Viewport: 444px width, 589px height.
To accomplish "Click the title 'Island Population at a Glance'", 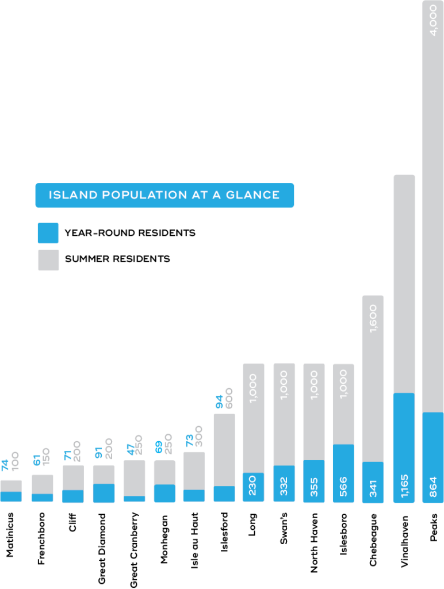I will tap(164, 195).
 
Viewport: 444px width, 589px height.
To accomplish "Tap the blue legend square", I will tap(48, 233).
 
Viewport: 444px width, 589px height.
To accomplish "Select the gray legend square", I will tap(48, 260).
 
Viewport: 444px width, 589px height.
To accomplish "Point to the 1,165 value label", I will tap(404, 486).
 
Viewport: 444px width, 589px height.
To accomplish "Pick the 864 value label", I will tap(433, 487).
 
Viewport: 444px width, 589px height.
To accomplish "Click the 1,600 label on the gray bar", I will tap(373, 318).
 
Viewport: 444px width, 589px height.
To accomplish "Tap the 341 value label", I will tap(373, 487).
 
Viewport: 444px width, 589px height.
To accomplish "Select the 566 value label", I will tap(343, 487).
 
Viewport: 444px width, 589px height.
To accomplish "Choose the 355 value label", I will tap(313, 487).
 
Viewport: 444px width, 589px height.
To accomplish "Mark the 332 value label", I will tap(284, 487).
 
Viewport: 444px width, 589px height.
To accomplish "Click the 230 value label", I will tap(253, 487).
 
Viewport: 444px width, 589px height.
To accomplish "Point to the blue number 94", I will tap(219, 401).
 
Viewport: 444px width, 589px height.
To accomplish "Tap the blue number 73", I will tap(189, 440).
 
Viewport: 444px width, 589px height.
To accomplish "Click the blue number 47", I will tap(129, 448).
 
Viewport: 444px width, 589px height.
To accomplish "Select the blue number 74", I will tap(5, 465).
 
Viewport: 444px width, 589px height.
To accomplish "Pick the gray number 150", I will tap(47, 456).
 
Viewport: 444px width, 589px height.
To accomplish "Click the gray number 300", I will tap(199, 436).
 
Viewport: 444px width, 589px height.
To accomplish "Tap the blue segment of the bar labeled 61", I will tap(42, 498).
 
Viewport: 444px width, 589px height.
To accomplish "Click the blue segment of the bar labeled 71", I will tap(73, 496).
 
